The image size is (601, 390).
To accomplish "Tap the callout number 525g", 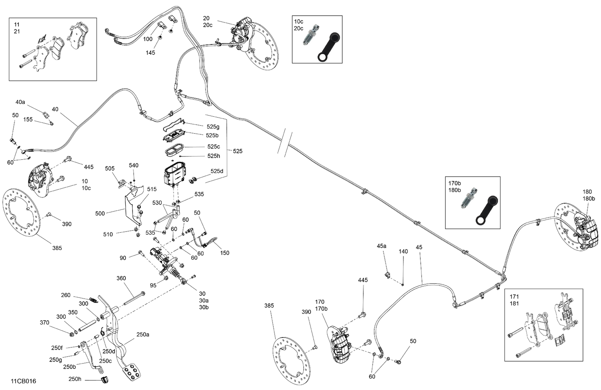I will (213, 127).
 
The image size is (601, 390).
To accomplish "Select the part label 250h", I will (75, 379).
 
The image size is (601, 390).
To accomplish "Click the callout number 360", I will (121, 278).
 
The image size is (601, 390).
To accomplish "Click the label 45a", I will (381, 246).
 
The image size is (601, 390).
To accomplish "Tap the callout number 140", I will (403, 252).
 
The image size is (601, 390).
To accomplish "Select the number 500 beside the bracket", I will (100, 213).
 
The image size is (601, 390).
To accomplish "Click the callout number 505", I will (110, 169).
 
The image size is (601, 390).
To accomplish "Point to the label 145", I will (150, 53).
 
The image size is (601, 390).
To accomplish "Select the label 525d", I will (217, 171).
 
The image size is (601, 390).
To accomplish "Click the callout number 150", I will (225, 253).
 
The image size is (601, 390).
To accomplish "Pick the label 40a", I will (20, 102).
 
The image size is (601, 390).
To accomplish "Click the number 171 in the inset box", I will (514, 297).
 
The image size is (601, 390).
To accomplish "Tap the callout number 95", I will (153, 285).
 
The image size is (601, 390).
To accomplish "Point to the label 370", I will (44, 323).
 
